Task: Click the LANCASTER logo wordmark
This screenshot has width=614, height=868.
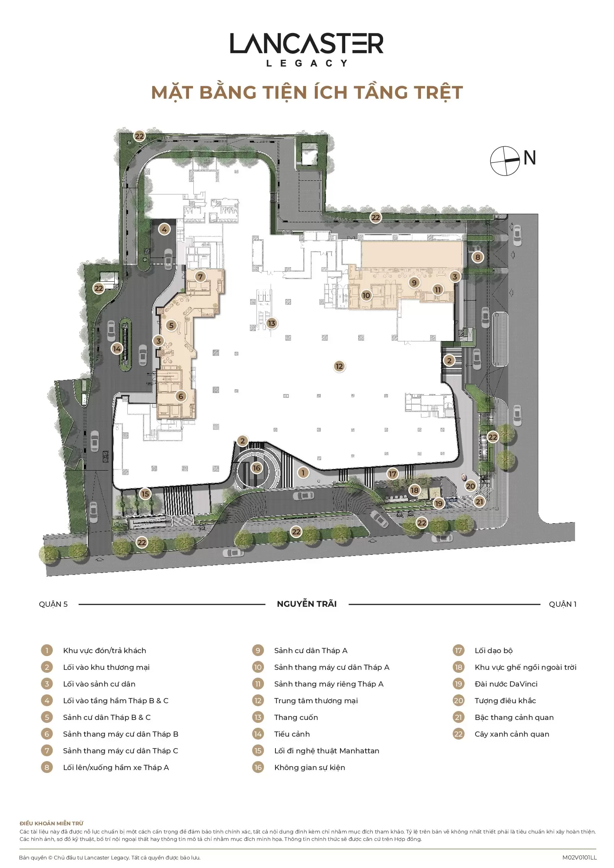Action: click(307, 43)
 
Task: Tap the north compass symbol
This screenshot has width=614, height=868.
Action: click(505, 161)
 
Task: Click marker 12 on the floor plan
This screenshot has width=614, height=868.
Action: click(339, 366)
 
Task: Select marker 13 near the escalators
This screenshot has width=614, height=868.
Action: click(271, 323)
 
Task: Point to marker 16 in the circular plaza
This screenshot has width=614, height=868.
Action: click(257, 468)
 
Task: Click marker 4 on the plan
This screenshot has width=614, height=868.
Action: click(164, 229)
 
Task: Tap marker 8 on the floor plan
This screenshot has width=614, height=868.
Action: click(477, 257)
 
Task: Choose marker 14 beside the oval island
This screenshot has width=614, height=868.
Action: click(117, 348)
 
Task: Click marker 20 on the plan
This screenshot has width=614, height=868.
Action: click(470, 486)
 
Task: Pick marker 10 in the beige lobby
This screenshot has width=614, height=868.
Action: click(366, 295)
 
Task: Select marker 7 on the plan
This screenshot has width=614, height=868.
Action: click(200, 277)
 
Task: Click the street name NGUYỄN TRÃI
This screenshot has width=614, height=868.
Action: click(307, 604)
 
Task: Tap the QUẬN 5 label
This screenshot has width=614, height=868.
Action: click(53, 604)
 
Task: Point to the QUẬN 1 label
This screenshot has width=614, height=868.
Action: click(562, 604)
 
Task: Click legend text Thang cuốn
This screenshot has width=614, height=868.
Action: click(296, 717)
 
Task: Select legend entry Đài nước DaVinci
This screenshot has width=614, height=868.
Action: click(506, 684)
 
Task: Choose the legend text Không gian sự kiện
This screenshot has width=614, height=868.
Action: click(310, 767)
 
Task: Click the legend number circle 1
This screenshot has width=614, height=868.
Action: click(47, 650)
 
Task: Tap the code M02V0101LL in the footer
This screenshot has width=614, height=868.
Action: click(579, 857)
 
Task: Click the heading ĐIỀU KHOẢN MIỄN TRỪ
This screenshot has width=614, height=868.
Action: click(52, 823)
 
